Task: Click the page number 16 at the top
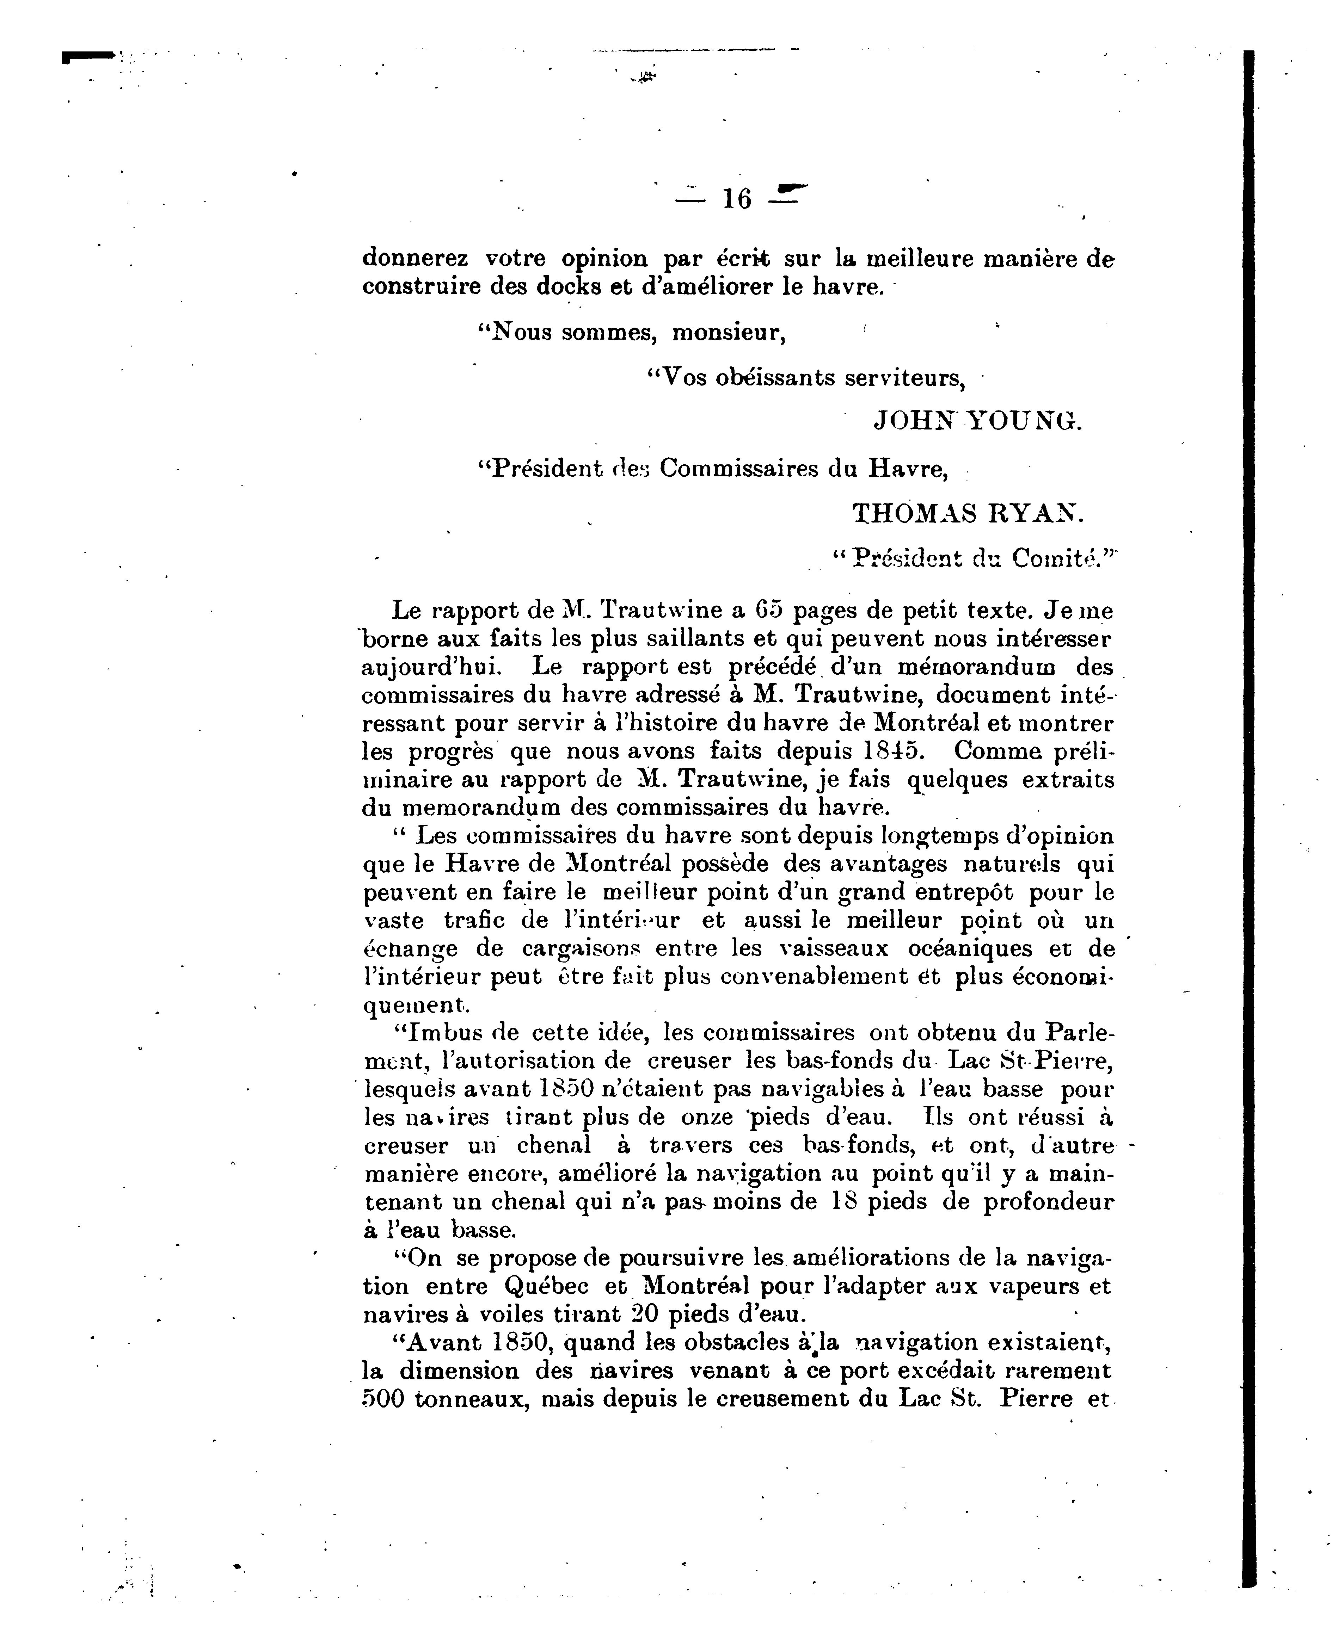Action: coord(737,199)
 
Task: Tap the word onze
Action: coord(707,1118)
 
